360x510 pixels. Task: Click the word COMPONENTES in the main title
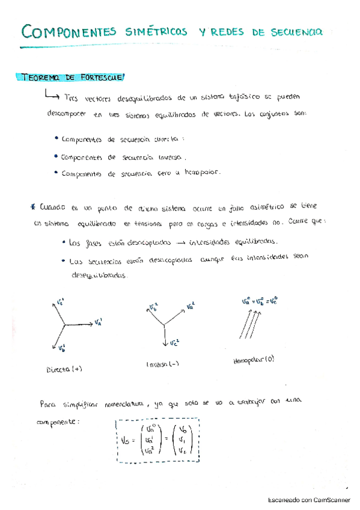coord(65,31)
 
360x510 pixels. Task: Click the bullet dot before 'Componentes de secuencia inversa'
coord(56,156)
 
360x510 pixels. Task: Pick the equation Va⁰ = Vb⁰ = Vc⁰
coord(253,299)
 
